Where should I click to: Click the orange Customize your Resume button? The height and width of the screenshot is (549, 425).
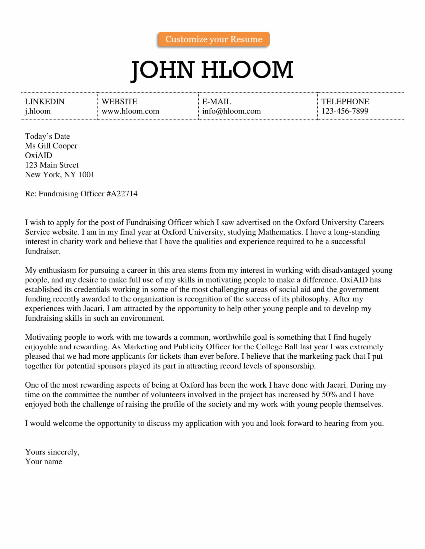tap(214, 39)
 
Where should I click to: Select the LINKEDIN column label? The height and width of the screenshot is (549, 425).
tap(44, 102)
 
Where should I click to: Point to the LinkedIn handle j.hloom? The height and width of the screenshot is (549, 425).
tap(38, 111)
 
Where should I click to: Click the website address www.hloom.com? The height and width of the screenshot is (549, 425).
tap(130, 111)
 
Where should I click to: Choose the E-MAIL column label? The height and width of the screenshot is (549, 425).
tap(216, 102)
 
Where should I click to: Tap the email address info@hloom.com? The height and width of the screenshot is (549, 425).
tap(231, 111)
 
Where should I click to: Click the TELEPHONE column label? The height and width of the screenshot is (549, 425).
tap(345, 102)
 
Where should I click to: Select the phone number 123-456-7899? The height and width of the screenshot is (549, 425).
tap(345, 111)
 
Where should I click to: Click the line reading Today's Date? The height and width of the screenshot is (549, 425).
tap(47, 136)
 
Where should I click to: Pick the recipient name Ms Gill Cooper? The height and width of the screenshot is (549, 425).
tap(51, 146)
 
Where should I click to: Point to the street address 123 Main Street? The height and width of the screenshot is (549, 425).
tap(51, 165)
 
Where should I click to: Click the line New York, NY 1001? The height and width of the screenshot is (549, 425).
tap(59, 174)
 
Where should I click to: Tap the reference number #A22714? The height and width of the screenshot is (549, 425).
tap(122, 194)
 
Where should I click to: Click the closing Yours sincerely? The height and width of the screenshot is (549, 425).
tap(52, 452)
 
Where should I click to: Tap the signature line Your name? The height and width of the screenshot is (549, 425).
tap(43, 461)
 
